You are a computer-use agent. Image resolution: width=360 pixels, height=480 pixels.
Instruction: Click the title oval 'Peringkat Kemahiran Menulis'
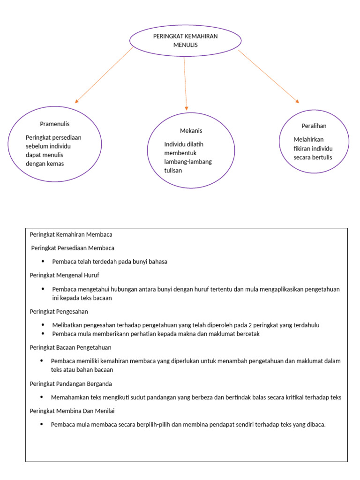pos(185,40)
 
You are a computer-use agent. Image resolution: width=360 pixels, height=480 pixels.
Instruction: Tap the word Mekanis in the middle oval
pos(191,131)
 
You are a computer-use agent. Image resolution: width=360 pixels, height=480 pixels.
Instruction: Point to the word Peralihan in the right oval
pos(314,126)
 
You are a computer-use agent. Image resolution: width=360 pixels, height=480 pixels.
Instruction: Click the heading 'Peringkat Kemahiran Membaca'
pos(71,234)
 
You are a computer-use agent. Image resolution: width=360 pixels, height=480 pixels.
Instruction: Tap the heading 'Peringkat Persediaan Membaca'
pos(73,248)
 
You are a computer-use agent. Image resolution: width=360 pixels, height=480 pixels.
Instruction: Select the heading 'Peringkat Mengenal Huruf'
pos(64,275)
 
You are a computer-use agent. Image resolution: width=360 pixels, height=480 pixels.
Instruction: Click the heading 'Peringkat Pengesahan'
pos(59,311)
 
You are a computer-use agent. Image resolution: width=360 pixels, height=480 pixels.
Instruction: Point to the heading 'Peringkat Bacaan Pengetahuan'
pos(70,347)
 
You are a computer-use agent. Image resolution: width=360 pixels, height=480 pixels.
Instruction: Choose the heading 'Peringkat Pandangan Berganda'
pos(71,384)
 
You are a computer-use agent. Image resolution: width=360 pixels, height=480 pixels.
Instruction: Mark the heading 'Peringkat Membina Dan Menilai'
pos(72,411)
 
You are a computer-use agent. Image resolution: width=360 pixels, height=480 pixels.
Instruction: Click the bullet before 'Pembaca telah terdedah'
pos(43,262)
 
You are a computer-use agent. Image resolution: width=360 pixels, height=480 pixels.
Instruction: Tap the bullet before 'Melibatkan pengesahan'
pos(43,325)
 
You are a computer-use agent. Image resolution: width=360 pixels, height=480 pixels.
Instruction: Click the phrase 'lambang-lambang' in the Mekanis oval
pos(188,162)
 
